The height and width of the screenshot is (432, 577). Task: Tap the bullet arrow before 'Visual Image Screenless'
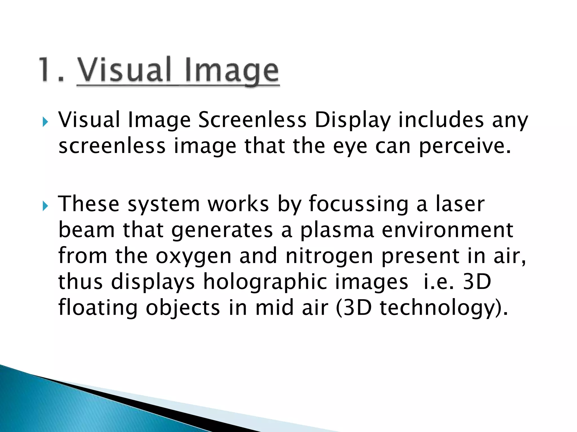(x=45, y=122)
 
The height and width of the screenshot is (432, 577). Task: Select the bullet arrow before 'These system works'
(x=45, y=206)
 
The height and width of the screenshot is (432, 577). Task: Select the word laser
(x=460, y=204)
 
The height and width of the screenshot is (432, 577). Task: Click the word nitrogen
(x=329, y=257)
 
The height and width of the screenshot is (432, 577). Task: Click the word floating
(x=98, y=308)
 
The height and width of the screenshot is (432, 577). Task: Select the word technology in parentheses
(x=438, y=309)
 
